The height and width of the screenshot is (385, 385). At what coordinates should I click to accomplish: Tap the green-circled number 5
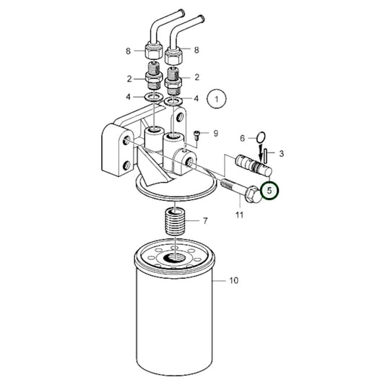[269, 191]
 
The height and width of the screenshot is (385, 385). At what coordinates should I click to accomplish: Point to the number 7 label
[204, 220]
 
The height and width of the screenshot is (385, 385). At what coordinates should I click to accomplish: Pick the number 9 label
[215, 134]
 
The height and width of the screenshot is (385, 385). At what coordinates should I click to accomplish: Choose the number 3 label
[281, 153]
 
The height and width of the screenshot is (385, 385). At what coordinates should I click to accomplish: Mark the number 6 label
[243, 137]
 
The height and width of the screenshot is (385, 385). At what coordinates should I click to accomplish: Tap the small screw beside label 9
[197, 134]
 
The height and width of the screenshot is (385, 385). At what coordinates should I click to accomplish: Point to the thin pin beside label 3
[267, 154]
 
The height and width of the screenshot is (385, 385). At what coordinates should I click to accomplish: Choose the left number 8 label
[129, 51]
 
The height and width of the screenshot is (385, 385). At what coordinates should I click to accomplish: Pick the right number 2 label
[196, 76]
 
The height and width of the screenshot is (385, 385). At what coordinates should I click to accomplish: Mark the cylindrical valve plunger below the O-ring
[249, 164]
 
